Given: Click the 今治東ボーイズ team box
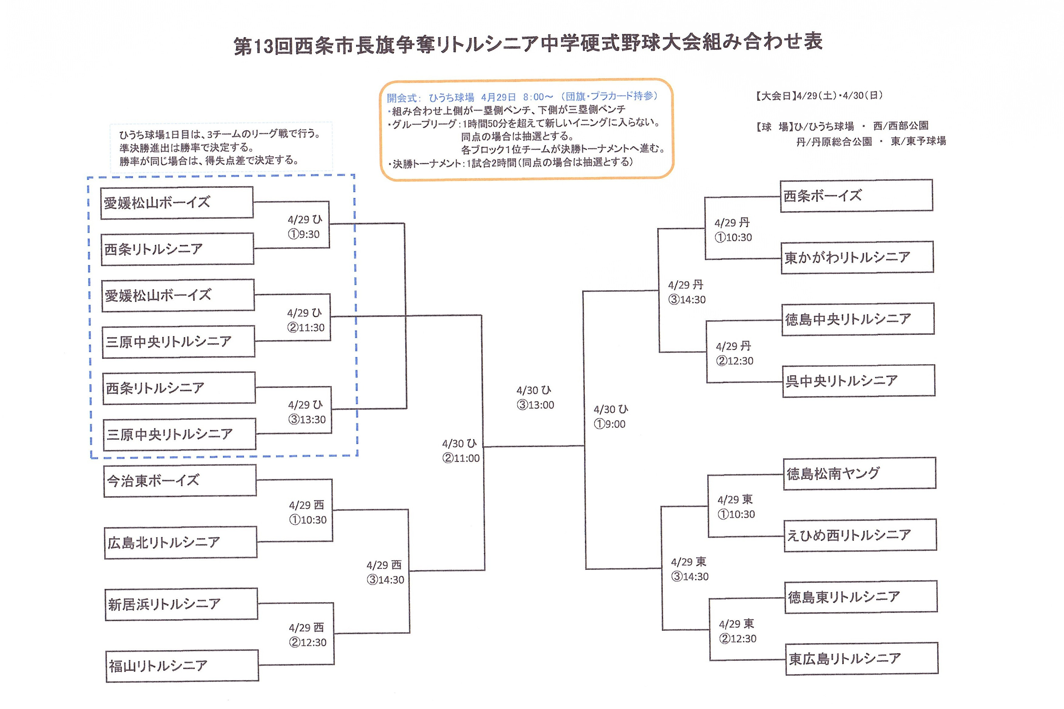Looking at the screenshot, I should [180, 481].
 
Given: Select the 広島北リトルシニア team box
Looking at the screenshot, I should [180, 542].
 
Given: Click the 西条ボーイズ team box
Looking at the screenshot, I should [856, 195].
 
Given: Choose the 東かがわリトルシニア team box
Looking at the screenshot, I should [857, 257].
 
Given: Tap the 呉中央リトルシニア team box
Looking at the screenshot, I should [859, 381].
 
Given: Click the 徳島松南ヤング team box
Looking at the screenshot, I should [859, 473].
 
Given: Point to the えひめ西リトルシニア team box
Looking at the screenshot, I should [860, 535].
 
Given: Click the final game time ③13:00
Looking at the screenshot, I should [535, 405].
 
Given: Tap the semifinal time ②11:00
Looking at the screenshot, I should [461, 458].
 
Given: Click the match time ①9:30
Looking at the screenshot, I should [304, 234].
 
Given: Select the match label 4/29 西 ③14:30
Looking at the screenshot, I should [385, 573].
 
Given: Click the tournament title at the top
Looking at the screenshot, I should [527, 44].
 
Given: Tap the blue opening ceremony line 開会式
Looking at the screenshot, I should [522, 97].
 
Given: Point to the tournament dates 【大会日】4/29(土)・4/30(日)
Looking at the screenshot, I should [818, 96].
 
